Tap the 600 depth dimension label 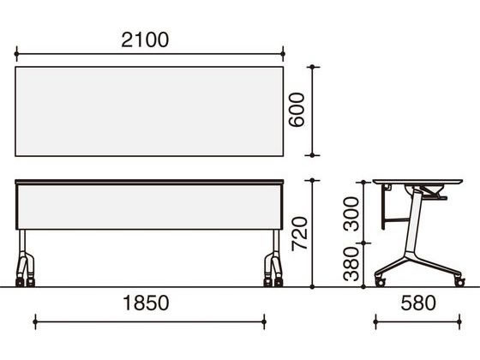point(297,109)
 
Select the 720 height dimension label point(297,231)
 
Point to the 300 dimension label point(351,214)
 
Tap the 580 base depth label point(417,303)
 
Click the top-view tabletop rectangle point(149,111)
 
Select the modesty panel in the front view point(149,208)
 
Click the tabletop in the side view point(418,183)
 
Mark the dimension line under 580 point(417,322)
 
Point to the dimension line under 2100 point(149,51)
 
